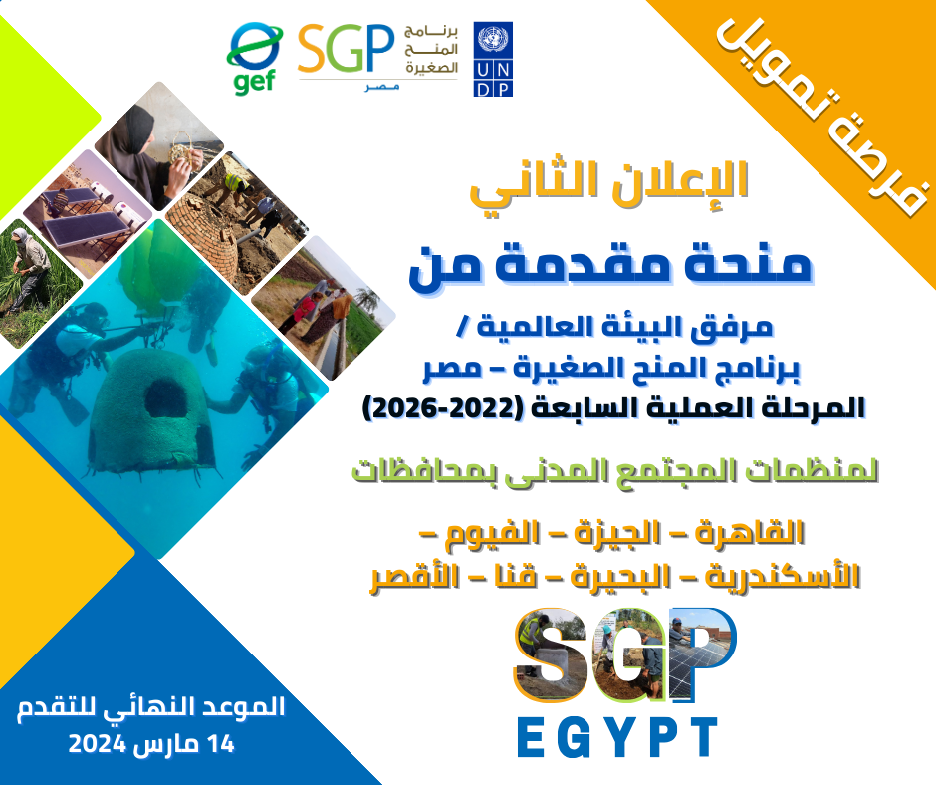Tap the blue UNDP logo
(x=493, y=60)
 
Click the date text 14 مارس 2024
(x=149, y=744)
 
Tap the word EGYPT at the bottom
(x=617, y=735)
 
